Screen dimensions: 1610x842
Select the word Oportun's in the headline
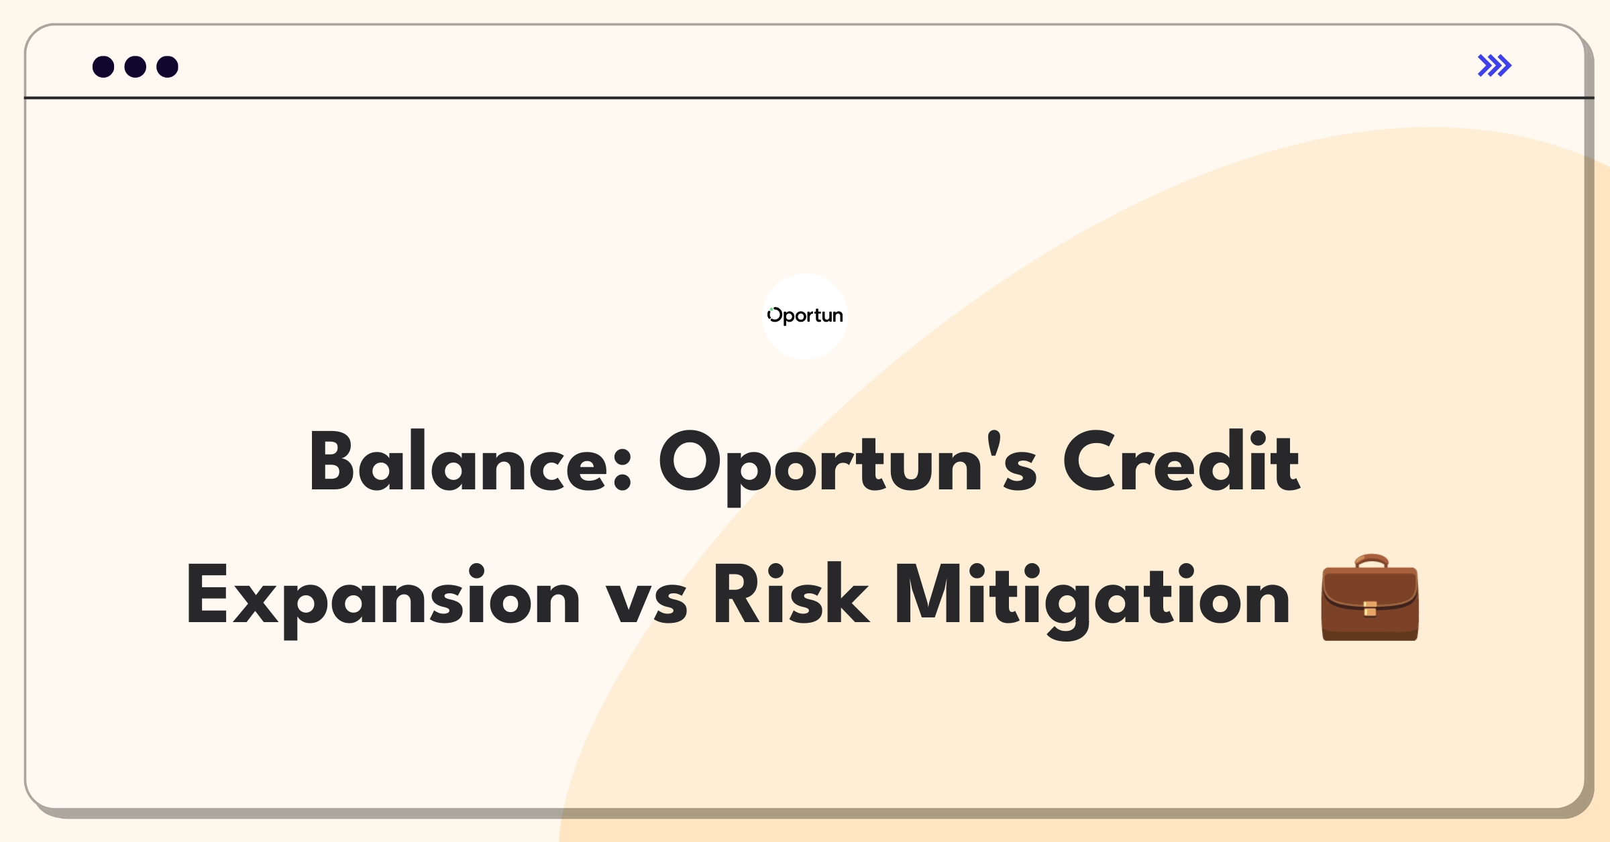point(848,467)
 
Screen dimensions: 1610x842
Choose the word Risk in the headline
point(792,594)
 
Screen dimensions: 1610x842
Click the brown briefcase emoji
point(1370,597)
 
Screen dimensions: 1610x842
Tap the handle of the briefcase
point(1371,561)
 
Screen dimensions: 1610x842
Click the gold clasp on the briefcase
point(1370,609)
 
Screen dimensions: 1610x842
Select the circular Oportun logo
point(805,316)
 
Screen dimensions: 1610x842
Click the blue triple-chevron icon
point(1495,66)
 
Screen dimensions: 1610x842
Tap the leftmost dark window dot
point(103,66)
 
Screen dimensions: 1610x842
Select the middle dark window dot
point(136,66)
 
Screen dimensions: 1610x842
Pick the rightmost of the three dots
point(168,66)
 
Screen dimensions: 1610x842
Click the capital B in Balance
point(331,461)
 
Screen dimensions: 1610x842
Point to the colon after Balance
point(623,469)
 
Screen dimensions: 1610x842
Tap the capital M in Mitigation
point(931,595)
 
